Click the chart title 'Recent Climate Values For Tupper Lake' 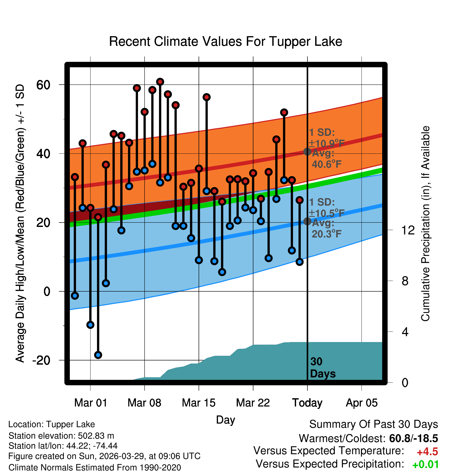pos(225,41)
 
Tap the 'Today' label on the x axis pos(307,403)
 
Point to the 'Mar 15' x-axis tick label pos(199,403)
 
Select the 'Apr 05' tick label pos(362,403)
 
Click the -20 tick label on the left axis pos(41,360)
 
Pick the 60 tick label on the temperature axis pos(43,85)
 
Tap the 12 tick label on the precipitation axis pos(408,230)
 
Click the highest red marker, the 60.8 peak pos(160,82)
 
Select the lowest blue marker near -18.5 pos(98,355)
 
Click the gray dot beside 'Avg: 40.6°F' pos(307,152)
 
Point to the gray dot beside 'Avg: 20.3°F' pos(307,221)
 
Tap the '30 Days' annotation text pos(322,368)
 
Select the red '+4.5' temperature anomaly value pos(427,452)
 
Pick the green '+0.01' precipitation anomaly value pos(426,465)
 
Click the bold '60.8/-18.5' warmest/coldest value pos(413,438)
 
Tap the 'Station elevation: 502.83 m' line pos(61,436)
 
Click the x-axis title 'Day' pos(225,420)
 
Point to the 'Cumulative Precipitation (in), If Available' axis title pos(425,224)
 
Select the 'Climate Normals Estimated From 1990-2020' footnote pos(95,468)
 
